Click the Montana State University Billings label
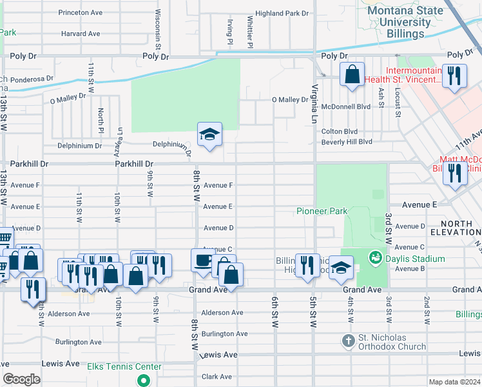405,22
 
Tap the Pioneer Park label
322,211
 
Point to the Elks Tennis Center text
124,367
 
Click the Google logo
21,379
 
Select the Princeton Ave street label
81,12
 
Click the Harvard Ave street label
81,34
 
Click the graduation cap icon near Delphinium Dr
209,135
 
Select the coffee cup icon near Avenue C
203,261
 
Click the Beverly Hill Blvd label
347,141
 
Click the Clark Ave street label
217,376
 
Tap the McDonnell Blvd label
345,107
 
